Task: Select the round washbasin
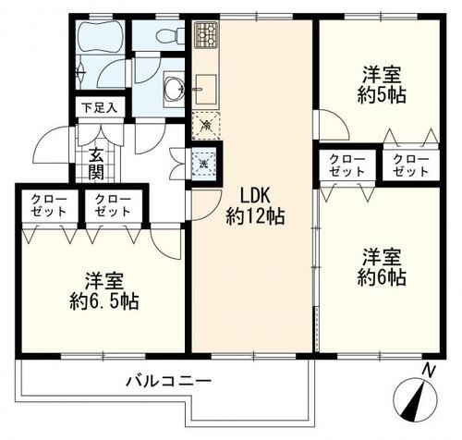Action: [x=174, y=89]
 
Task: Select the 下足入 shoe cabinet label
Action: [x=95, y=108]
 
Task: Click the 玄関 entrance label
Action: [x=96, y=163]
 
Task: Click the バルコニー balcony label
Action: [x=169, y=381]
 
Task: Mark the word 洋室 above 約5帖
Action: [x=380, y=73]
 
